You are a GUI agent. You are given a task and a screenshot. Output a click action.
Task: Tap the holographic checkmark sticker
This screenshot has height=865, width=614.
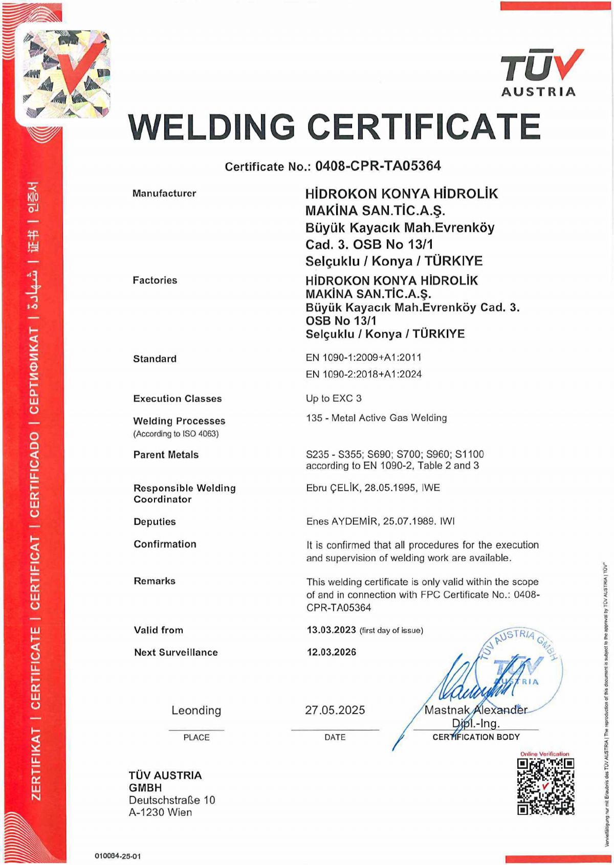pyautogui.click(x=67, y=74)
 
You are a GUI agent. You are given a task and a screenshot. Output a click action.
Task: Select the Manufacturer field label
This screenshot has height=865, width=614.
pyautogui.click(x=164, y=193)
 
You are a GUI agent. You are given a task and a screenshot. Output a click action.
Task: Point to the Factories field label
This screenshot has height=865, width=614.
pyautogui.click(x=155, y=280)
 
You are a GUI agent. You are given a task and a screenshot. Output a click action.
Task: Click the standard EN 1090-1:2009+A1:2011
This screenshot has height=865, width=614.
pyautogui.click(x=363, y=358)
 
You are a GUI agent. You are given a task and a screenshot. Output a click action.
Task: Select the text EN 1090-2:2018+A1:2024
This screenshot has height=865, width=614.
pyautogui.click(x=363, y=374)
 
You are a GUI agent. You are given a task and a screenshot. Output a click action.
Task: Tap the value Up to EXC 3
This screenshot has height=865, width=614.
pyautogui.click(x=334, y=398)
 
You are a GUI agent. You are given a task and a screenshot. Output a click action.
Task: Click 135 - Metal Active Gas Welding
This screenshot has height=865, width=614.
pyautogui.click(x=376, y=418)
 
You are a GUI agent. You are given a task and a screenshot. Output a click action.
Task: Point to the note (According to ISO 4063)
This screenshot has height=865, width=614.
pyautogui.click(x=176, y=434)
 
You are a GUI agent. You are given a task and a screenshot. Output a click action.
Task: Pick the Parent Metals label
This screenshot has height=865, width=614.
pyautogui.click(x=166, y=455)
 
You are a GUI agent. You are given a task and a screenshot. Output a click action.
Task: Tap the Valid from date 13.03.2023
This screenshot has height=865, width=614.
pyautogui.click(x=331, y=630)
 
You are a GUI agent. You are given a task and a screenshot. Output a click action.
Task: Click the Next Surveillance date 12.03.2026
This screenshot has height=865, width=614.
pyautogui.click(x=332, y=652)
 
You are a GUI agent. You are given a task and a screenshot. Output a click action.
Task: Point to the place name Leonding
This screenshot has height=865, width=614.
pyautogui.click(x=196, y=710)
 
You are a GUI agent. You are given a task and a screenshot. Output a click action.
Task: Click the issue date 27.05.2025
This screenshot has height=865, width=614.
pyautogui.click(x=335, y=710)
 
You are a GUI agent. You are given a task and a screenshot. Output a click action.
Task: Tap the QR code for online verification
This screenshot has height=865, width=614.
pyautogui.click(x=545, y=786)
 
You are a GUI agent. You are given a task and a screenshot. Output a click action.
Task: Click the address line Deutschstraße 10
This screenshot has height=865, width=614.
pyautogui.click(x=172, y=800)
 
